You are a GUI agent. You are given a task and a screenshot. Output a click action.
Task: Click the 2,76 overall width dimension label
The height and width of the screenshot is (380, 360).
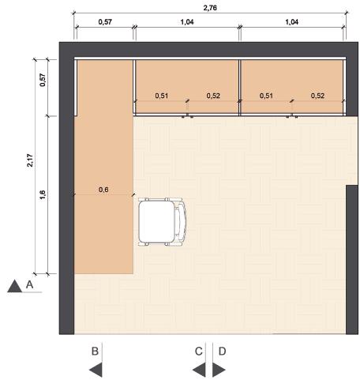coord(210,8)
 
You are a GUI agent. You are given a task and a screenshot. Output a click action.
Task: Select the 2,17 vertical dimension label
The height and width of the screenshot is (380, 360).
coord(30,160)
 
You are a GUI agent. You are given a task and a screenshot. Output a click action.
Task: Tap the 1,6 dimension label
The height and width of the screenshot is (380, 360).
coord(43,195)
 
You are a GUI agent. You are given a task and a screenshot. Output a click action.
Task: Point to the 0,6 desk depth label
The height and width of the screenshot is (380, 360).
coord(103,190)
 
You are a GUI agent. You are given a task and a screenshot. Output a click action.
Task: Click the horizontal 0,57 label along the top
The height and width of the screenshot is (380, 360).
coord(105,22)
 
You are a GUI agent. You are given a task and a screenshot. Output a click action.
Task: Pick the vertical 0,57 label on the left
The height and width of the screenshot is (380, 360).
coord(43,80)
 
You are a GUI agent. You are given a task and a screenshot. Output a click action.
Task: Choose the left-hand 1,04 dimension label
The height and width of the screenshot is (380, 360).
coord(187,22)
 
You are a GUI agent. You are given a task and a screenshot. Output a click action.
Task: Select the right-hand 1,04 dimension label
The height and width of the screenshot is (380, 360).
coord(292,22)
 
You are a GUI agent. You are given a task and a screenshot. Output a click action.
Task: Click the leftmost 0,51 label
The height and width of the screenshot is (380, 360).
coord(162,96)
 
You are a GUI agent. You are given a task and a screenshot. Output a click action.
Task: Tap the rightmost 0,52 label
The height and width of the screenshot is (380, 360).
coord(317,96)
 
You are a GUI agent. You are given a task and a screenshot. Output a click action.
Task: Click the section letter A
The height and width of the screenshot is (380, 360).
coord(30,284)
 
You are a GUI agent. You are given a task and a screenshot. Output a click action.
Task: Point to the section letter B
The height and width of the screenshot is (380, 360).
coord(95,352)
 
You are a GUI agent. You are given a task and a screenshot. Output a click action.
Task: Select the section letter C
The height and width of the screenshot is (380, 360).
coord(199,352)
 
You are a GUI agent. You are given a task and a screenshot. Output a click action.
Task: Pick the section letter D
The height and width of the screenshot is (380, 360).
coord(223,352)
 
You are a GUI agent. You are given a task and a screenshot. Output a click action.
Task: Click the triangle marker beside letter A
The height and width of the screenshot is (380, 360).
coord(14,287)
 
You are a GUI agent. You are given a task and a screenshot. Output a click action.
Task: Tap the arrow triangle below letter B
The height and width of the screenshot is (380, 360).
coord(97,370)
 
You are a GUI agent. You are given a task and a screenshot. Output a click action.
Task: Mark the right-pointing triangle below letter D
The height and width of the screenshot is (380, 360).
coord(218,370)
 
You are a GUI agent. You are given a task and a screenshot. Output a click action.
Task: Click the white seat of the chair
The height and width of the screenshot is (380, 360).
coord(156,222)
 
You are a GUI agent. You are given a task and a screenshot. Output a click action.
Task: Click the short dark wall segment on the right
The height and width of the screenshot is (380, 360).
coord(352,259)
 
